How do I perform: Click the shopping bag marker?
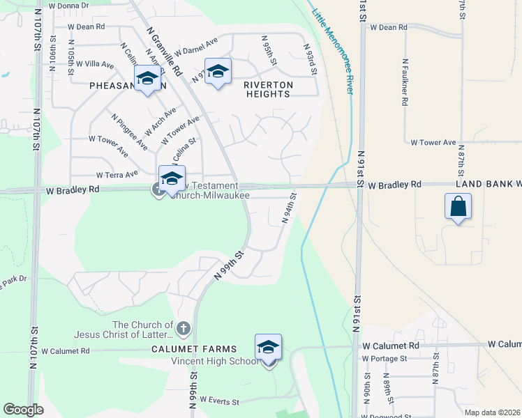[458, 207]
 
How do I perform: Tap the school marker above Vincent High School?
[268, 348]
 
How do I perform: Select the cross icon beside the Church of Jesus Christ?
[183, 327]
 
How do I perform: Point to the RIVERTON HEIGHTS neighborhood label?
[269, 85]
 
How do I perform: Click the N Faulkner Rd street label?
[405, 81]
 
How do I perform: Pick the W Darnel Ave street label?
[196, 47]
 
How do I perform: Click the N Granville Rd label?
[165, 52]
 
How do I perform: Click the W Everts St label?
[219, 401]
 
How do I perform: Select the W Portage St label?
[384, 359]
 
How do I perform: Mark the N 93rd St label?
[311, 60]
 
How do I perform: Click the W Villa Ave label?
[95, 64]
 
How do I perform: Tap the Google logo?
[23, 410]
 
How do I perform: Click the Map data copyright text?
[492, 412]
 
